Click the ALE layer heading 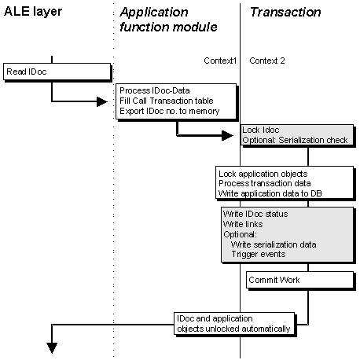[x=33, y=12]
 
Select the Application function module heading [x=168, y=20]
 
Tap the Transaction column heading [x=285, y=12]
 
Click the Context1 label [x=220, y=61]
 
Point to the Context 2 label [x=267, y=61]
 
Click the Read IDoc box [x=57, y=72]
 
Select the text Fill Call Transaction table [x=167, y=101]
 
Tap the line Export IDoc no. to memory [x=170, y=111]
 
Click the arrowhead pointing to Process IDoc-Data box [x=102, y=101]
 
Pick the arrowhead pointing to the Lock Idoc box [x=227, y=135]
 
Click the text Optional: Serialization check [x=295, y=140]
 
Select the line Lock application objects [x=263, y=174]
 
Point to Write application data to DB [x=270, y=193]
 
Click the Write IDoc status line [x=255, y=214]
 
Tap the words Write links [x=243, y=224]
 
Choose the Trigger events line [x=259, y=254]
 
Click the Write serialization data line [x=274, y=244]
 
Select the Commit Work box [x=299, y=280]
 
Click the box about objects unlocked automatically [x=234, y=323]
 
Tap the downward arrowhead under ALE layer [x=52, y=348]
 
